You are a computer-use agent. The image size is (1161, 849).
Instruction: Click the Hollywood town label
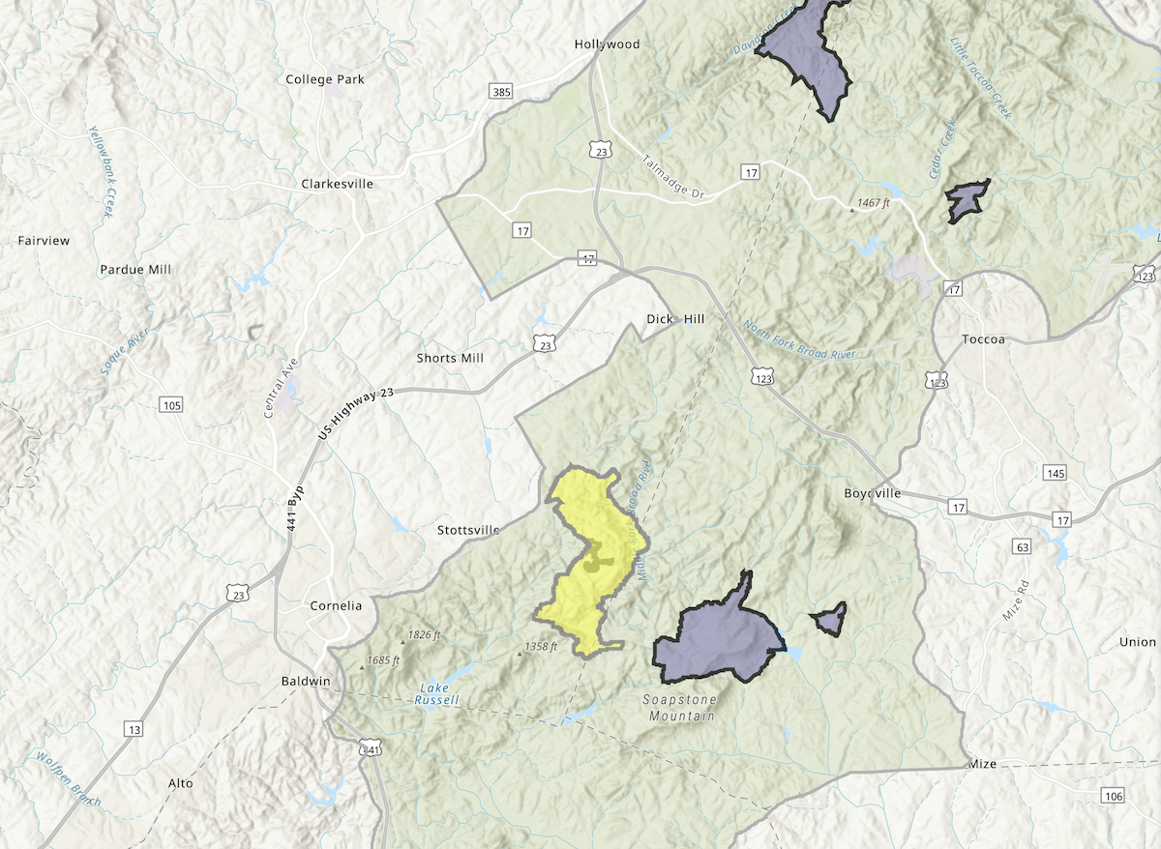[x=607, y=44]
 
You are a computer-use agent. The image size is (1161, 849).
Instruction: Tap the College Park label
[x=325, y=79]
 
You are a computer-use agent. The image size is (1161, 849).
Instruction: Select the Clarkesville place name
[x=337, y=184]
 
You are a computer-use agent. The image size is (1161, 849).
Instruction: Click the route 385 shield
[x=501, y=92]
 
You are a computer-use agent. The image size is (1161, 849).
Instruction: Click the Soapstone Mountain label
[x=680, y=708]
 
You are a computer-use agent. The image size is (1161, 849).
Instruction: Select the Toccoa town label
[x=985, y=340]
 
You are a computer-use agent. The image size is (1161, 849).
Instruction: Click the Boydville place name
[x=872, y=493]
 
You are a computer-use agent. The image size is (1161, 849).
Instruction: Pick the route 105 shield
[x=171, y=404]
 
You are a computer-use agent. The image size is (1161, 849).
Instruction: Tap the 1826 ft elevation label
[x=424, y=635]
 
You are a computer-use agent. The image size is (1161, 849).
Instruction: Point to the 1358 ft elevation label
[x=541, y=647]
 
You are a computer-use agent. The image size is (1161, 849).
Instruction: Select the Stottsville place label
[x=468, y=530]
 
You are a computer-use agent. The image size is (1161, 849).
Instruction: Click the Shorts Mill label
[x=450, y=358]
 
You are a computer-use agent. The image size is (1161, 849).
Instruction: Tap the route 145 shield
[x=1055, y=473]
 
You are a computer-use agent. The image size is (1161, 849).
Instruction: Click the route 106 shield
[x=1113, y=795]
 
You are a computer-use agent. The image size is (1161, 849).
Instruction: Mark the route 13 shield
[x=134, y=728]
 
